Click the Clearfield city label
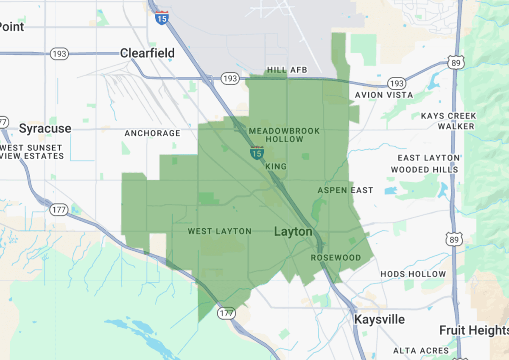(x=147, y=53)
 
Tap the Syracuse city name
(x=45, y=129)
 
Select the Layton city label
(x=293, y=232)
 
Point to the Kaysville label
(x=379, y=319)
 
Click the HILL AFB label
(x=287, y=70)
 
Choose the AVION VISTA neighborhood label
(x=383, y=95)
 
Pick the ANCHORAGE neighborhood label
(x=152, y=133)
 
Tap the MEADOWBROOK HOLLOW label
(x=284, y=135)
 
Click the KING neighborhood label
(x=276, y=167)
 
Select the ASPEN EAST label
(x=345, y=190)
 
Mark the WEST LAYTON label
(x=219, y=231)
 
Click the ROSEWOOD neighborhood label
(x=336, y=258)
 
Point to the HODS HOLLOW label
(x=413, y=274)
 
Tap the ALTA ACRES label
(x=420, y=351)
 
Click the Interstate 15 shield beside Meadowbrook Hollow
(x=257, y=153)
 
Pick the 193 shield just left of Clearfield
(x=59, y=54)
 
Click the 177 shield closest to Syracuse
(x=59, y=209)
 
